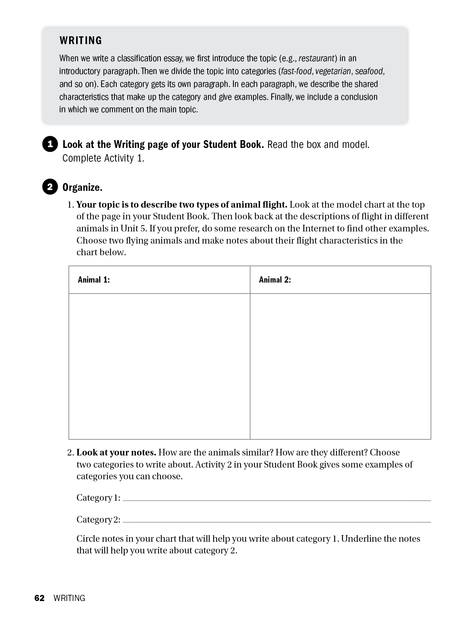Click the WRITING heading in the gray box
click(80, 41)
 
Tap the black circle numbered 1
click(50, 144)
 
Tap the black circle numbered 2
click(50, 187)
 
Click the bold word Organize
click(82, 187)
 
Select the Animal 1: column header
click(94, 279)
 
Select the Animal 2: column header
click(275, 279)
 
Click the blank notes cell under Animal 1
click(159, 366)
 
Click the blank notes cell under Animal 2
click(340, 366)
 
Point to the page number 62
click(39, 598)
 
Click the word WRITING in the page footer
click(69, 598)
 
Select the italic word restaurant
click(317, 59)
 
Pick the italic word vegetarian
click(333, 71)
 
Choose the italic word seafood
click(369, 71)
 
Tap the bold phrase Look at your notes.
click(116, 452)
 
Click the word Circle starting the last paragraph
click(88, 539)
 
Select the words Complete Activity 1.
click(103, 158)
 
